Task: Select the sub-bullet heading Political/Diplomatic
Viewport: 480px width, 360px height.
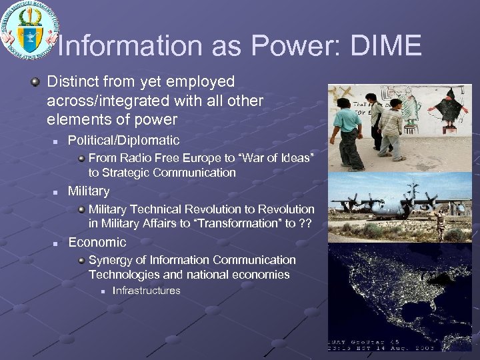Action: pos(123,141)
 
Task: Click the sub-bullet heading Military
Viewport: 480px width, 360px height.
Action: pos(89,192)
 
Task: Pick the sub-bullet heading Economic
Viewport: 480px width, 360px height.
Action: pos(97,243)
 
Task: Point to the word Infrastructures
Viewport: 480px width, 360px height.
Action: pos(146,291)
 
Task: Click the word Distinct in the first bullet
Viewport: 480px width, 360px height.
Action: pos(73,82)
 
